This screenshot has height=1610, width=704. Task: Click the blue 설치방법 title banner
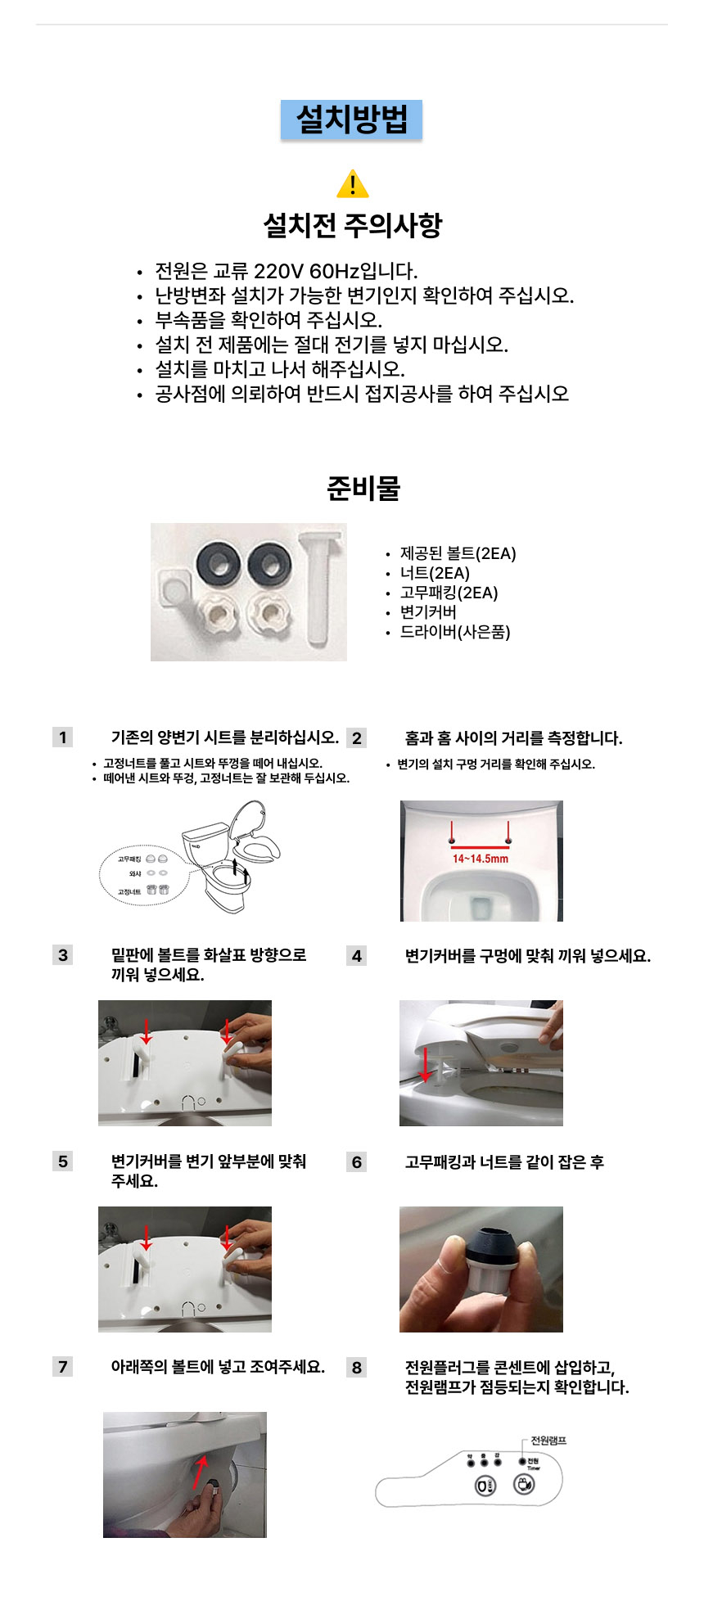click(x=351, y=120)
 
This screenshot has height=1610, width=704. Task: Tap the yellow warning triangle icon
click(x=352, y=185)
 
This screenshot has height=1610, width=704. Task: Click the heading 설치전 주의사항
click(x=352, y=224)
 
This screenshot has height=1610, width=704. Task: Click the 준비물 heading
click(x=363, y=488)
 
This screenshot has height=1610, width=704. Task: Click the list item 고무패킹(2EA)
click(x=449, y=593)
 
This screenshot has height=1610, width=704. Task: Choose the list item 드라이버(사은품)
click(x=454, y=632)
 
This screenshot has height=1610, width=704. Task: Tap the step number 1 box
click(x=62, y=737)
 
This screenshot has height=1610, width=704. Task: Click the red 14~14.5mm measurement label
click(x=481, y=859)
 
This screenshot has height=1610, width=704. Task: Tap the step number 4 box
click(x=356, y=956)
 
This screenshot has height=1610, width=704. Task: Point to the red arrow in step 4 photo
click(x=425, y=1064)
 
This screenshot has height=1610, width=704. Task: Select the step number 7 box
click(x=62, y=1367)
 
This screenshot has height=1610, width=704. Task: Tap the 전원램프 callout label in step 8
click(x=548, y=1441)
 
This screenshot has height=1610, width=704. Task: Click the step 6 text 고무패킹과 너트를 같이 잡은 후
click(x=504, y=1162)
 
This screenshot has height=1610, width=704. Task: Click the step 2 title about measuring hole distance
click(x=513, y=738)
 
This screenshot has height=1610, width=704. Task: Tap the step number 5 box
click(x=62, y=1161)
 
